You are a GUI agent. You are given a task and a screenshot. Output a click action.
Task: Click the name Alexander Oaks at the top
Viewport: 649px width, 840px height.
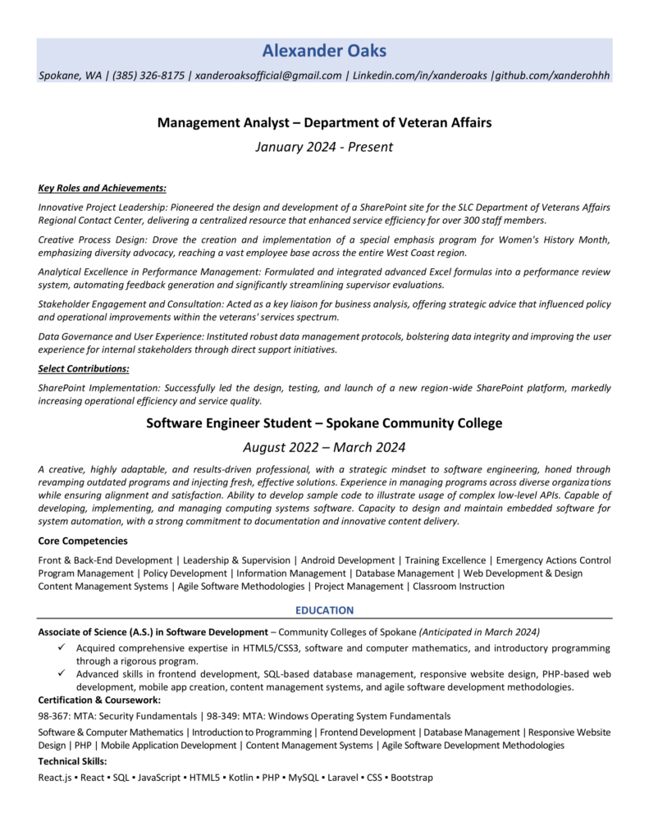click(324, 52)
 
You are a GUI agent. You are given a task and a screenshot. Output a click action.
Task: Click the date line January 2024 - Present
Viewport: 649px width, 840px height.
click(324, 148)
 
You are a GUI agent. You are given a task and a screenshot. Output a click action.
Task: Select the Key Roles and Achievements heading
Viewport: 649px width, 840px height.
click(103, 187)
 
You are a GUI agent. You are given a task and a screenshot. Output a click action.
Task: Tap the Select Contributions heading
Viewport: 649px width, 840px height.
click(84, 368)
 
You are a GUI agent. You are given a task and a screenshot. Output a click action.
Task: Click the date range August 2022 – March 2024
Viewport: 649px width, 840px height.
click(324, 447)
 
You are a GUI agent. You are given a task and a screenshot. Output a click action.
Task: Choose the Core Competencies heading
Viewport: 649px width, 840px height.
click(83, 541)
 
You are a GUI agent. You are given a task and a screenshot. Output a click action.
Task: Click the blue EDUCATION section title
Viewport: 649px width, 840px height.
click(324, 610)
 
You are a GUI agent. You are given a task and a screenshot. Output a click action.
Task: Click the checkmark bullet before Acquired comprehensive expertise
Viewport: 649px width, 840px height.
click(62, 648)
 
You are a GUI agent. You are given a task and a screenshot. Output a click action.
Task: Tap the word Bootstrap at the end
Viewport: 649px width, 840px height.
click(412, 777)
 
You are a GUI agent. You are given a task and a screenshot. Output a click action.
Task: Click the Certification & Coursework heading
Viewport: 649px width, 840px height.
click(99, 700)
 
